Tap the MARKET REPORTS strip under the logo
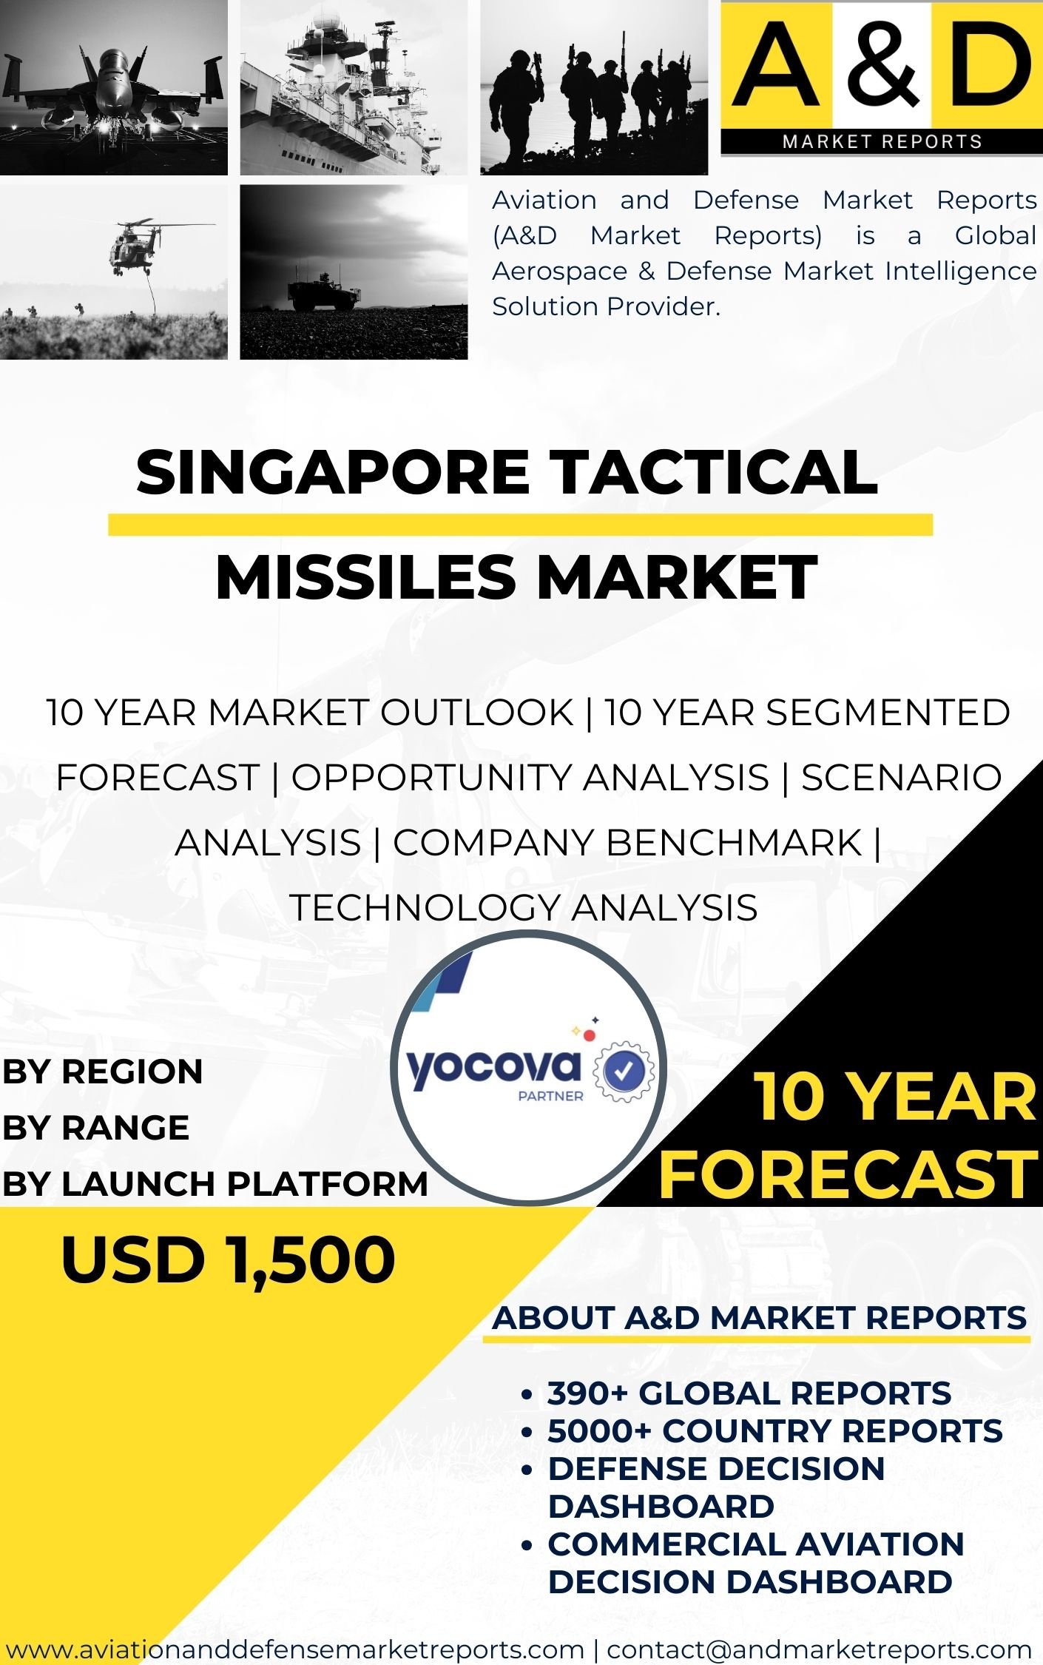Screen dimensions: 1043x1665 882,141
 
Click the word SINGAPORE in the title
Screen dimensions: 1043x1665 332,473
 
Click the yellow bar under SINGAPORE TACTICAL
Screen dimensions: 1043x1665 520,524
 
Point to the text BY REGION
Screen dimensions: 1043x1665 102,1072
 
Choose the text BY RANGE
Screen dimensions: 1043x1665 95,1128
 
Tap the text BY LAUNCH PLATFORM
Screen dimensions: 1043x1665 215,1184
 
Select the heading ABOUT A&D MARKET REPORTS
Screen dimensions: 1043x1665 760,1318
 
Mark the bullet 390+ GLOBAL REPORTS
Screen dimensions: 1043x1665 749,1393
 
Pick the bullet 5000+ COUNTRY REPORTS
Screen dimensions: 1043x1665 775,1431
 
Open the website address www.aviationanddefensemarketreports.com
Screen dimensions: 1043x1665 294,1649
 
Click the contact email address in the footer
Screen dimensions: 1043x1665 819,1649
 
